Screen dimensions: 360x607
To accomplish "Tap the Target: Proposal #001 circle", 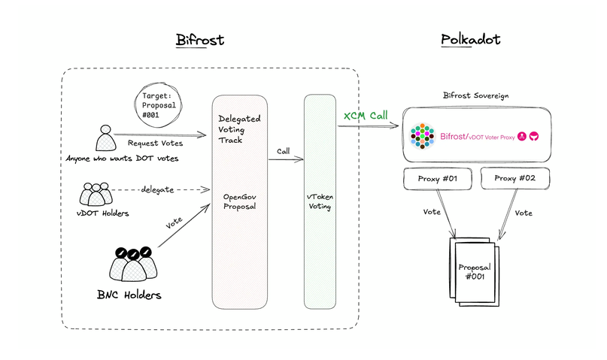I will click(157, 102).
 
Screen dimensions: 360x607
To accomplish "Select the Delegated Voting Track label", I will click(238, 129).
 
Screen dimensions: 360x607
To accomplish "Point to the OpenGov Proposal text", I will click(239, 202).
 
